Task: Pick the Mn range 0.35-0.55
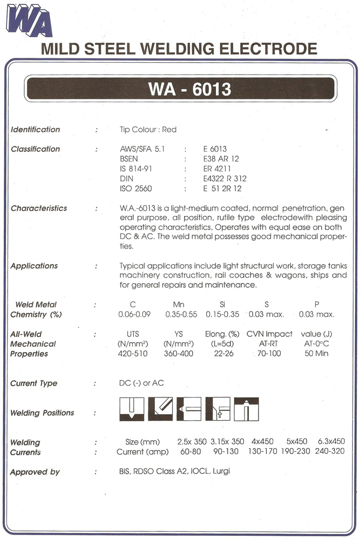click(x=180, y=314)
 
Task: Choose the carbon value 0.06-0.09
click(x=134, y=314)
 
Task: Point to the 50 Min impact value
click(x=320, y=354)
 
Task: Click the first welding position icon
click(x=131, y=409)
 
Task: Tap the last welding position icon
click(x=246, y=409)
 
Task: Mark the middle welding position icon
click(x=189, y=409)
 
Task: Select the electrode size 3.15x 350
click(x=227, y=441)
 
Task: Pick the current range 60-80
click(x=188, y=451)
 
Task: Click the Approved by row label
click(x=35, y=472)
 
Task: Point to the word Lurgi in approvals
click(x=221, y=471)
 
